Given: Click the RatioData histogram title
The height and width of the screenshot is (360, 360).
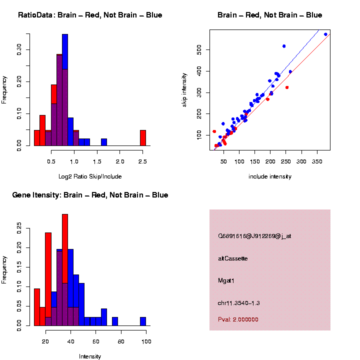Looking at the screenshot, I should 90,15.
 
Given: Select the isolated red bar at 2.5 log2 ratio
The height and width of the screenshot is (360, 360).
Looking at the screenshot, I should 143,137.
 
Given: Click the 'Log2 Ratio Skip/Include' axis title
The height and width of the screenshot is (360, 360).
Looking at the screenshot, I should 90,176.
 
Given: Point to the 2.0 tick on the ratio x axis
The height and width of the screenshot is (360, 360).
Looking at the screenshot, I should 120,161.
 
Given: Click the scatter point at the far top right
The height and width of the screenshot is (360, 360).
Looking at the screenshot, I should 325,34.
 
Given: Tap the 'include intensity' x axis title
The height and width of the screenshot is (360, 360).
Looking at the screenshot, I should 269,176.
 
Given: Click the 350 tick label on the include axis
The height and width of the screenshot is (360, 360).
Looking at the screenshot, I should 317,161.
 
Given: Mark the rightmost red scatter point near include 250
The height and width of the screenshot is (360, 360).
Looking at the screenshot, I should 287,87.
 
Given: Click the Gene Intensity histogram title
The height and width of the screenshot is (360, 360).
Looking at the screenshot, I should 90,195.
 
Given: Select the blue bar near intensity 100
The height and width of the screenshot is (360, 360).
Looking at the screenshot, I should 143,321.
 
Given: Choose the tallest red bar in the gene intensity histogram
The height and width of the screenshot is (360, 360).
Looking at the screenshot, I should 65,270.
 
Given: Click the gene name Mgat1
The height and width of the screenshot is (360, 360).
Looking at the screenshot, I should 226,280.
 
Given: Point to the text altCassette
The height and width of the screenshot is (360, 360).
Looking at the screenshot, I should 232,258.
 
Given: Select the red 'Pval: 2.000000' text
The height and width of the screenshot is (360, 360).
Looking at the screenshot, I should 238,319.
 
